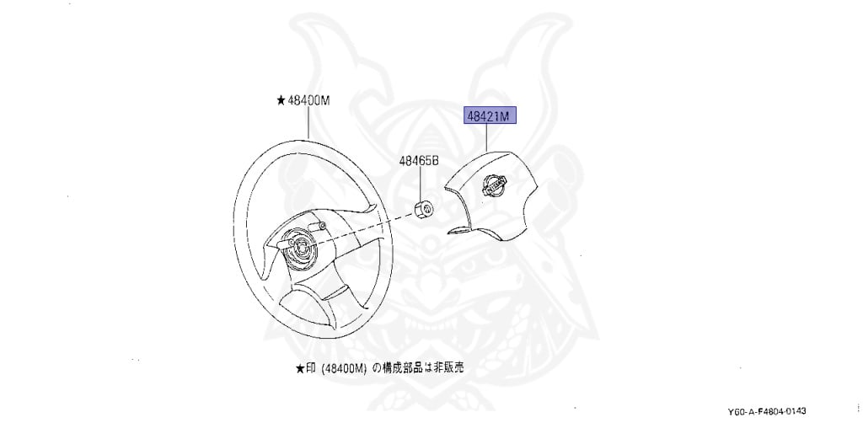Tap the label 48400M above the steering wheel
[x=308, y=99]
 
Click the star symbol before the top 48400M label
[x=281, y=100]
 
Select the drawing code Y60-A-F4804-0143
[x=774, y=410]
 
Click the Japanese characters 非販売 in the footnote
[x=450, y=368]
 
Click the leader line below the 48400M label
[x=308, y=122]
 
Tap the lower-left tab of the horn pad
[x=458, y=229]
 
